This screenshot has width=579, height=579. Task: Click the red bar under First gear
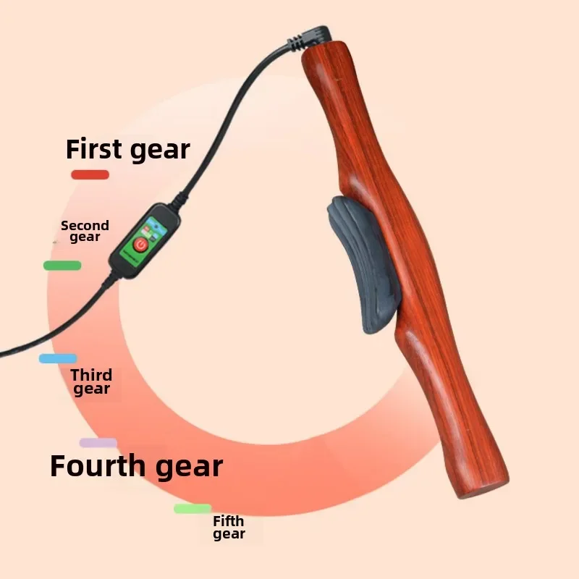(x=90, y=174)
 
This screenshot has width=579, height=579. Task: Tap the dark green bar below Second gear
(x=62, y=266)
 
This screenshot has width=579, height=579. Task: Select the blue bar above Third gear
(x=58, y=358)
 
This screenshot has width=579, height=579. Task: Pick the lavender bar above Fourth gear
(x=98, y=442)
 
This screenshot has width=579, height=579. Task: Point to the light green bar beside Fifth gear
(x=193, y=509)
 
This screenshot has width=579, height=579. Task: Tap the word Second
(x=85, y=225)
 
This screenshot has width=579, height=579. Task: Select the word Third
(x=91, y=375)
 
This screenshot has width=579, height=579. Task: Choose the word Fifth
(x=228, y=521)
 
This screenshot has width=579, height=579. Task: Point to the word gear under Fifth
(x=229, y=535)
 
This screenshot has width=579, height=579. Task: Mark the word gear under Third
(x=91, y=389)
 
